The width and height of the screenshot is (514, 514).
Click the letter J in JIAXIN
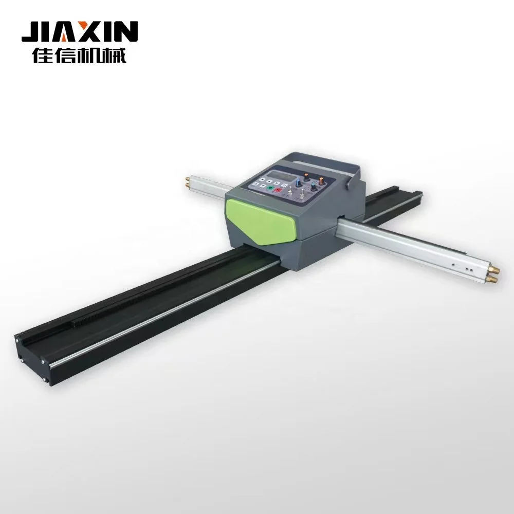point(32,32)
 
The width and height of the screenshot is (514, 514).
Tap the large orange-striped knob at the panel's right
point(321,180)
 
